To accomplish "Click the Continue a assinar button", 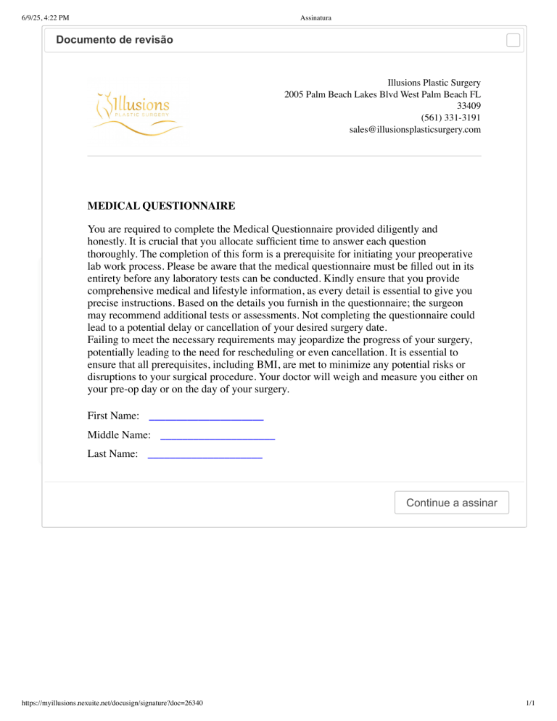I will click(x=451, y=503).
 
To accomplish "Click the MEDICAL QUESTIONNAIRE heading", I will click(x=161, y=206).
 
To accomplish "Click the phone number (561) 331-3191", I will click(x=450, y=118).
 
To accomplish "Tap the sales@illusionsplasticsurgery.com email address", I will click(x=415, y=129).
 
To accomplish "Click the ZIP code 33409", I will click(x=469, y=106).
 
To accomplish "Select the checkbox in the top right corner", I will click(x=513, y=40).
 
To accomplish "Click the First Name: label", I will click(x=113, y=416).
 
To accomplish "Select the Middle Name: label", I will click(x=119, y=435).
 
